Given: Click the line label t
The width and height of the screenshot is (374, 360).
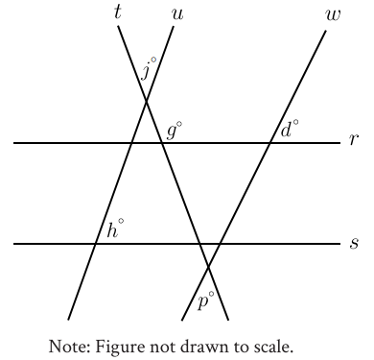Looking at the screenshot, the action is (x=118, y=13).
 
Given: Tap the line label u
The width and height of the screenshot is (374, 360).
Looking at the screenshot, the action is (x=177, y=15).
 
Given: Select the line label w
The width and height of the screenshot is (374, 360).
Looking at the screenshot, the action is (x=333, y=15).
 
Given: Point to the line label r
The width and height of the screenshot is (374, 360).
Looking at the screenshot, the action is (x=354, y=140).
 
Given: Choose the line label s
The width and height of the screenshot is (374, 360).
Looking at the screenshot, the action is (x=354, y=244).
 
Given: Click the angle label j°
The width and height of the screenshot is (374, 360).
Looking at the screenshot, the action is (x=149, y=68).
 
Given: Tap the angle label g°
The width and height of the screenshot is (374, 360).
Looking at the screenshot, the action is (x=175, y=131).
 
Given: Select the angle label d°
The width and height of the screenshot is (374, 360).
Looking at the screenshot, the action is (x=290, y=129).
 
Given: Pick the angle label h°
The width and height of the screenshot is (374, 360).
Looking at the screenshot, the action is (x=115, y=228).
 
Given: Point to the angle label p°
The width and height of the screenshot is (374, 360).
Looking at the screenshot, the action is (x=205, y=300).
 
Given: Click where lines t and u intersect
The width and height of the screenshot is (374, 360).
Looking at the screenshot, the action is (x=146, y=102).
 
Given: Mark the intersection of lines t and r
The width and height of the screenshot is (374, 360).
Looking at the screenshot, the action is (x=161, y=143).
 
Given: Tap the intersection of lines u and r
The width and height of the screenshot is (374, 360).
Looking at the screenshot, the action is (x=131, y=143).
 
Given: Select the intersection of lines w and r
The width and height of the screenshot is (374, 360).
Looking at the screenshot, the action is (x=270, y=143).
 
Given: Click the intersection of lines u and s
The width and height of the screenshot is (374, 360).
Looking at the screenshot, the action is (x=95, y=244).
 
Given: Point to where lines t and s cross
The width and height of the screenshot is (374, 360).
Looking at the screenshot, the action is (x=199, y=244).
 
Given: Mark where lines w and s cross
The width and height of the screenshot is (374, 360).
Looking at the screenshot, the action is (x=220, y=244).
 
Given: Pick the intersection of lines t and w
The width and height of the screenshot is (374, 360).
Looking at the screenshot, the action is (x=208, y=266).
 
